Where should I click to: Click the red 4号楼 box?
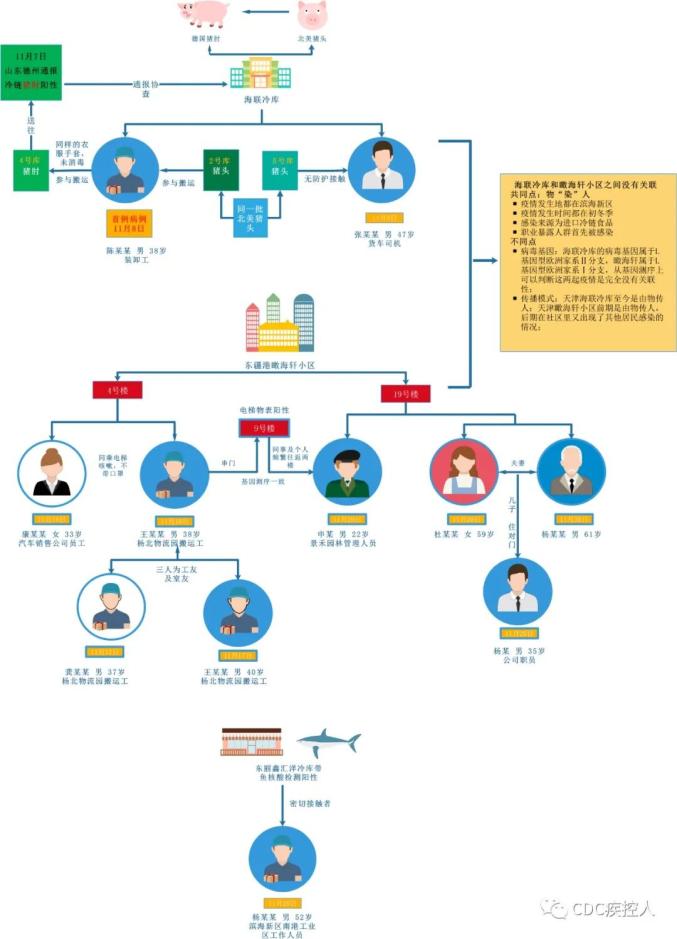[x=110, y=391]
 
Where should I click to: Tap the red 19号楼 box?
[x=406, y=395]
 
